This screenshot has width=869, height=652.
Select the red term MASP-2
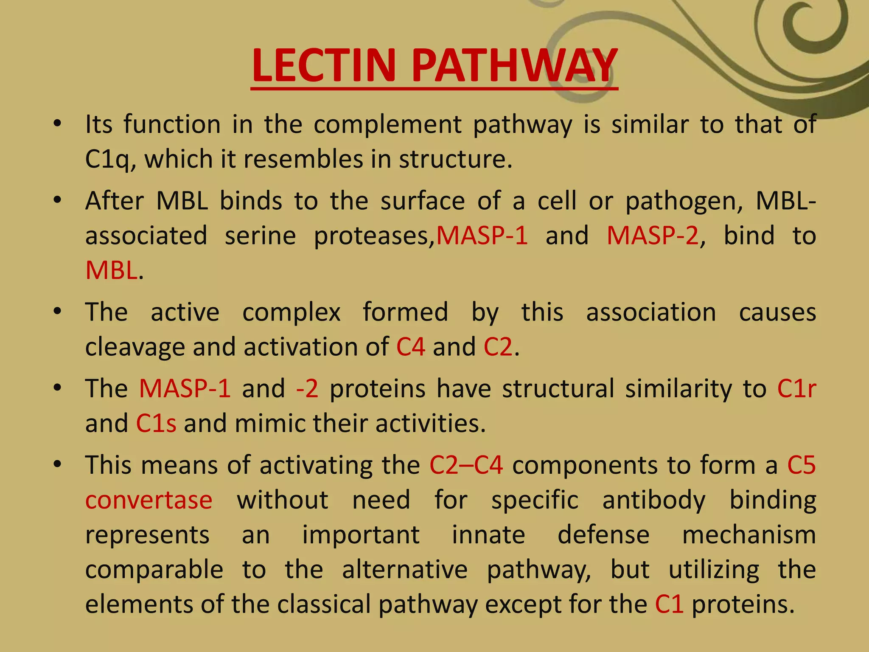[652, 236]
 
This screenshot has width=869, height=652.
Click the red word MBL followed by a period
[111, 270]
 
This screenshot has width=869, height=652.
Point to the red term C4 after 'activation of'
[410, 347]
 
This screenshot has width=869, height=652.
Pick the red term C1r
[796, 388]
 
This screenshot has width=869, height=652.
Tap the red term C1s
[156, 424]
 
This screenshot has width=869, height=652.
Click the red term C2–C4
[466, 465]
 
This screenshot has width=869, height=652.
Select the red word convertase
[149, 500]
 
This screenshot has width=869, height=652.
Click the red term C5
[802, 465]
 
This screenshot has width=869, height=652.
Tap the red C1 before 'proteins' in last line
[669, 604]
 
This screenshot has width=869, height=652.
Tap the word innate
[488, 535]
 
